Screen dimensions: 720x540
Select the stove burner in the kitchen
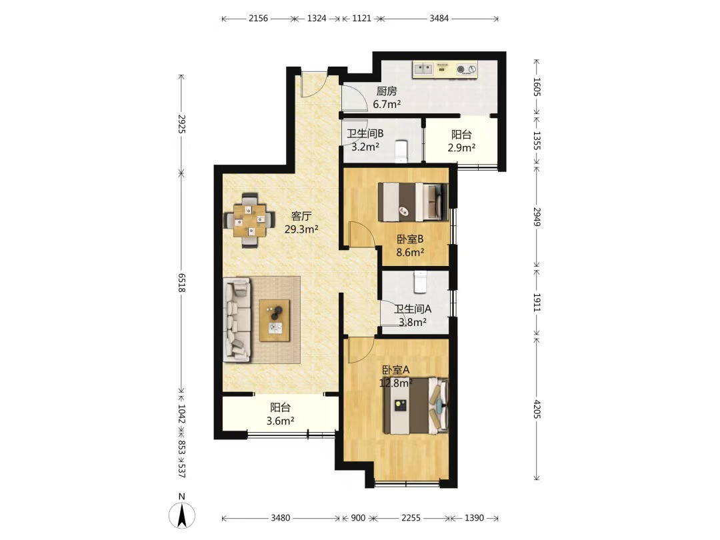coord(466,69)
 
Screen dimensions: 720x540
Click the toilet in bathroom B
coord(401,151)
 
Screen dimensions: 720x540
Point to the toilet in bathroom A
coord(420,282)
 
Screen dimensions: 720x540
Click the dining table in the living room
coord(249,221)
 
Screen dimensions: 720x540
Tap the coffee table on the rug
coord(275,321)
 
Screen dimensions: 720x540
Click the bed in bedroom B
coord(413,202)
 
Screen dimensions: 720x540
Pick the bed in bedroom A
coord(415,405)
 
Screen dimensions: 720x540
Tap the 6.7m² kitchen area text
coord(387,104)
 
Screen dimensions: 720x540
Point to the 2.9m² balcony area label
coord(461,147)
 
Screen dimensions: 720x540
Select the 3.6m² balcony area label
coord(280,420)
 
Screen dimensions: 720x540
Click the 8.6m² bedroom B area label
coord(410,252)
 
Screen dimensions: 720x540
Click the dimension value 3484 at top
coord(439,19)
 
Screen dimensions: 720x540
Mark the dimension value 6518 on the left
coord(182,283)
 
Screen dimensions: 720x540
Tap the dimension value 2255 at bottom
coord(411,518)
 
